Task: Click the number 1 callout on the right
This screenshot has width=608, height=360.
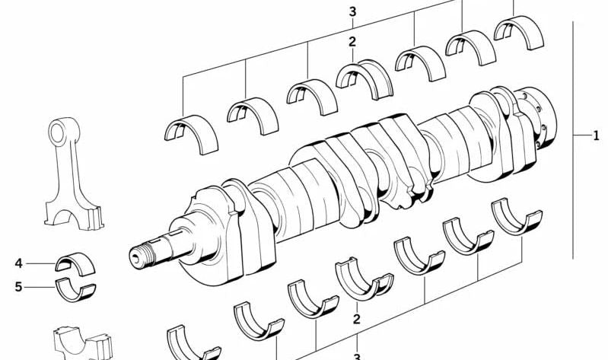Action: [x=596, y=135]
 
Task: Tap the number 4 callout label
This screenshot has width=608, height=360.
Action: [x=18, y=263]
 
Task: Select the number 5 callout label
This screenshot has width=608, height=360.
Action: [x=18, y=287]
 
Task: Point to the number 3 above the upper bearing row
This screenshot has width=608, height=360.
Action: [x=352, y=11]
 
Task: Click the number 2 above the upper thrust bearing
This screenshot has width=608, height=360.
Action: [x=352, y=42]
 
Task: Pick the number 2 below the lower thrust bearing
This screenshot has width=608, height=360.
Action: [x=357, y=319]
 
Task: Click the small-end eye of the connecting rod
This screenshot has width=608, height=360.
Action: [x=58, y=132]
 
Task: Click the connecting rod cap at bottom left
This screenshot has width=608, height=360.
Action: [x=83, y=344]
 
